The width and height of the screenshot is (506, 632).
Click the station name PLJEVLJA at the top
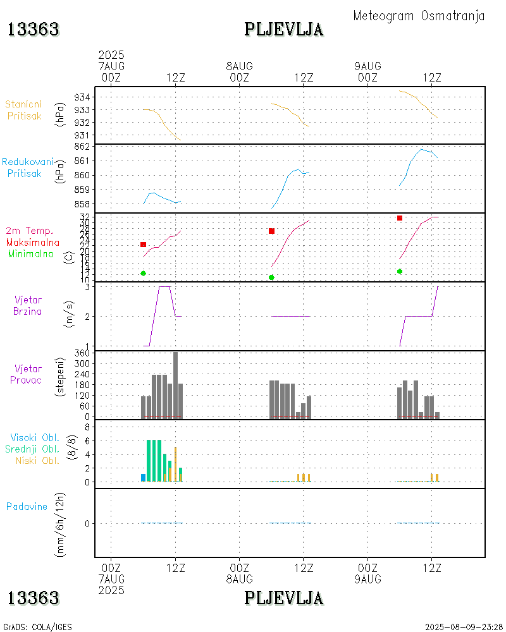tap(284, 30)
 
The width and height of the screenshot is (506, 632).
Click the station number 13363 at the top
tap(34, 30)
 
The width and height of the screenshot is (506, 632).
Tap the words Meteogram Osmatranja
tap(419, 16)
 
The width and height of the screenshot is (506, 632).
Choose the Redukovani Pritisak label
tap(27, 167)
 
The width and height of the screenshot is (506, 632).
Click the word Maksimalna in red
tap(33, 243)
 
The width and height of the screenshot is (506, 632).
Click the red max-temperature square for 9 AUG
tap(400, 218)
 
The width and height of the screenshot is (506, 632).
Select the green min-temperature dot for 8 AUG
tap(271, 277)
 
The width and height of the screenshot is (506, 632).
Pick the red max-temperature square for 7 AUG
tap(144, 245)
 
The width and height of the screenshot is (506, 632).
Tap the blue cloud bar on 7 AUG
tap(144, 478)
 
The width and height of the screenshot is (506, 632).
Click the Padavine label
tap(27, 506)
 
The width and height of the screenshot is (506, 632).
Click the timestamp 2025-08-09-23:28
tap(464, 627)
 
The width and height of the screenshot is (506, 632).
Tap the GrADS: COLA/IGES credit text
tap(37, 627)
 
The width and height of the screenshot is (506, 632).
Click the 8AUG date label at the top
tap(239, 66)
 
